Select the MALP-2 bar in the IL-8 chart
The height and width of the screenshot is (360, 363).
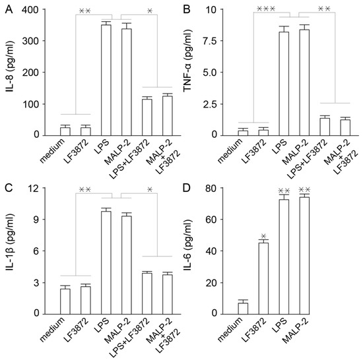tap(121, 82)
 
